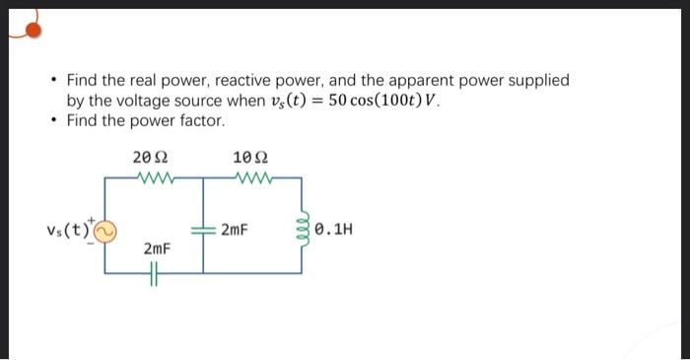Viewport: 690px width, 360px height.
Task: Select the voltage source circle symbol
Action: pos(106,232)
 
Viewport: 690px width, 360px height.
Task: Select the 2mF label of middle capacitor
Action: pos(235,232)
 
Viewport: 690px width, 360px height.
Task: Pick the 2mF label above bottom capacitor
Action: pos(157,252)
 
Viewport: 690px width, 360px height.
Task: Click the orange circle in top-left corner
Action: pos(32,30)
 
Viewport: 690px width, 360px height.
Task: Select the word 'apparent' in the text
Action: pos(421,81)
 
